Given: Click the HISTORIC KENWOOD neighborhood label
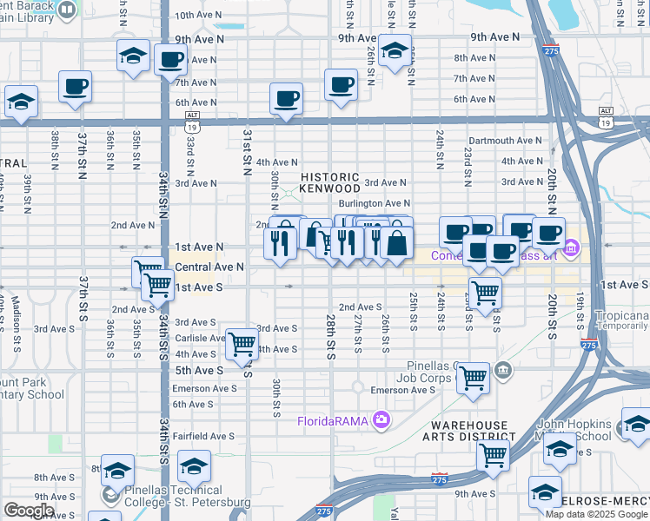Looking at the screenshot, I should pyautogui.click(x=329, y=182).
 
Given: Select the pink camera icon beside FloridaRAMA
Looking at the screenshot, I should pyautogui.click(x=381, y=421).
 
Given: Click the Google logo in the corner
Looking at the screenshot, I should pyautogui.click(x=29, y=511).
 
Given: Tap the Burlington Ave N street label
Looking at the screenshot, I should pyautogui.click(x=374, y=203).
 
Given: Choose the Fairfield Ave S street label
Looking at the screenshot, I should pyautogui.click(x=203, y=437).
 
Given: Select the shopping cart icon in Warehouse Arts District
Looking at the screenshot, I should pyautogui.click(x=493, y=452).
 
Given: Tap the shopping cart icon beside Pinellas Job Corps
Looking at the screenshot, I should pyautogui.click(x=474, y=377).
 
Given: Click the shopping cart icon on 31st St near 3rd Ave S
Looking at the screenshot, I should pyautogui.click(x=242, y=344).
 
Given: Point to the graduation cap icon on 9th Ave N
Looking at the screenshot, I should pyautogui.click(x=394, y=49).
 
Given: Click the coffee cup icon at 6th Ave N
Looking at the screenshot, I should pyautogui.click(x=285, y=98).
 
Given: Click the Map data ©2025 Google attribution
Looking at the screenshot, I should pyautogui.click(x=596, y=514).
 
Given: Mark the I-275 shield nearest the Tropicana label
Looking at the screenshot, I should pyautogui.click(x=588, y=346).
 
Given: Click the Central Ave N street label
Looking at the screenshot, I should pyautogui.click(x=209, y=267).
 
